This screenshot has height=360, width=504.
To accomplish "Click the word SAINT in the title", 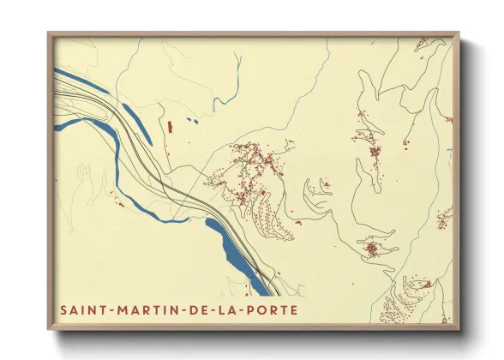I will point(80,308).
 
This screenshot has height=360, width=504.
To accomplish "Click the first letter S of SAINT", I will point(61,308).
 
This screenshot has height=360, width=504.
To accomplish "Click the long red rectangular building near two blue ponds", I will point(169,126).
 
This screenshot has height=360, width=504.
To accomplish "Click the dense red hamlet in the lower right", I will point(372,249).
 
